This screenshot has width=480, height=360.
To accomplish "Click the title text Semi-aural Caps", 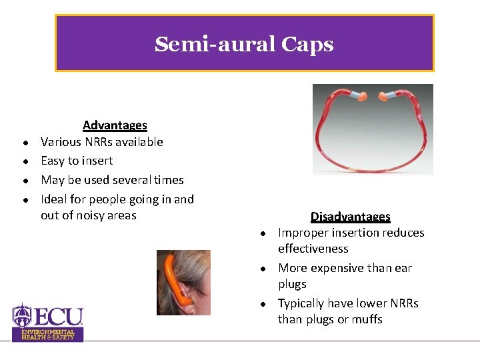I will pyautogui.click(x=244, y=45).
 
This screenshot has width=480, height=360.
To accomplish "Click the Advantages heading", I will pyautogui.click(x=115, y=125).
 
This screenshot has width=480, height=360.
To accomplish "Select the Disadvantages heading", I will pyautogui.click(x=350, y=217).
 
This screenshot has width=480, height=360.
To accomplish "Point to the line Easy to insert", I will pyautogui.click(x=77, y=161).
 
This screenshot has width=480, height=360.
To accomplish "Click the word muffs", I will pyautogui.click(x=367, y=319).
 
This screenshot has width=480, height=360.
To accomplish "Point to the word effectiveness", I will pyautogui.click(x=313, y=249).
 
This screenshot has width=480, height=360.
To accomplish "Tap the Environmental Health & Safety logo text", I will pyautogui.click(x=48, y=335).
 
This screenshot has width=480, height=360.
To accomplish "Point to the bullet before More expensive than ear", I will pyautogui.click(x=264, y=269).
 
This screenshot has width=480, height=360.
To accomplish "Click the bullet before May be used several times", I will pyautogui.click(x=24, y=181).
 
